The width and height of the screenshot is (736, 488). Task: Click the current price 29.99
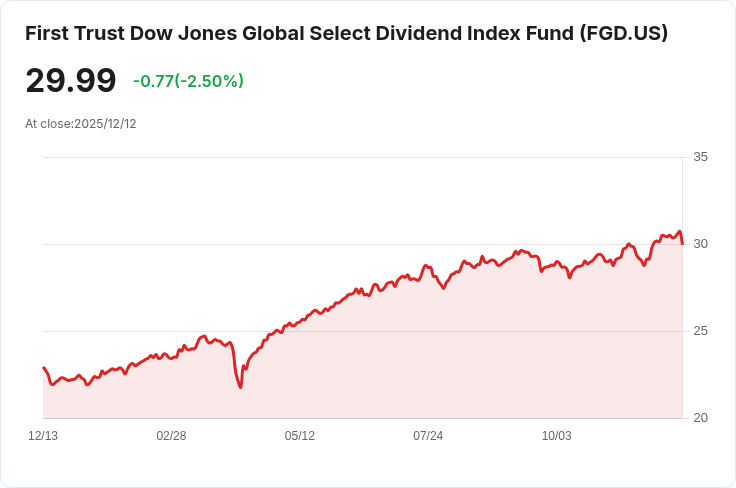(70, 80)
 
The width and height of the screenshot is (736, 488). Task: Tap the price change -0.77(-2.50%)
(188, 81)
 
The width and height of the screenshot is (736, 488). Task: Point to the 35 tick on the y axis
(700, 157)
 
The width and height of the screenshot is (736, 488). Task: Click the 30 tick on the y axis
(700, 244)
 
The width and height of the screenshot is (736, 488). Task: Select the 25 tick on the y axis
(700, 331)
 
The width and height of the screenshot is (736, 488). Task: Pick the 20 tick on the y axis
(700, 418)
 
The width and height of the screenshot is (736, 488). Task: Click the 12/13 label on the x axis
(43, 436)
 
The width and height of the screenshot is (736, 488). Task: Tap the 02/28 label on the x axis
(171, 436)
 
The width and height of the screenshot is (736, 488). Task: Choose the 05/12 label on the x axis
(299, 436)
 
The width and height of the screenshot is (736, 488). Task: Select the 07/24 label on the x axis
(428, 436)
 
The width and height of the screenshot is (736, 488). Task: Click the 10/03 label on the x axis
(556, 436)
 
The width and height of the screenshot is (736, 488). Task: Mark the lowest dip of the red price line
(241, 387)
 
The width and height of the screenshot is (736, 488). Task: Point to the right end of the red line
(682, 243)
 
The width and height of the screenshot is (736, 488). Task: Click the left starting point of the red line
(43, 368)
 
